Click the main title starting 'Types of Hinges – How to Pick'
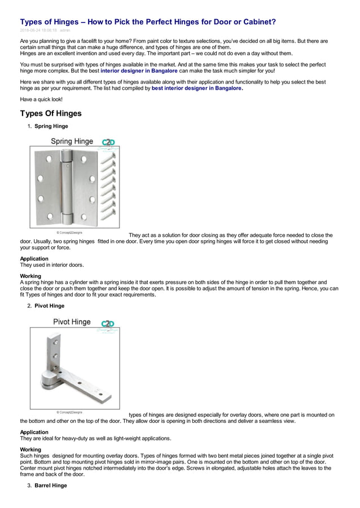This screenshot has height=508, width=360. click(x=148, y=22)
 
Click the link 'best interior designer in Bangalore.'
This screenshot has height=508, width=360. click(x=197, y=89)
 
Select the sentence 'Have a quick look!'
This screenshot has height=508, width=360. click(x=41, y=99)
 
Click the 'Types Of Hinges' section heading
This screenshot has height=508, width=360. click(x=51, y=113)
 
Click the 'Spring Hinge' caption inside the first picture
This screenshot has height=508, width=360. click(x=72, y=141)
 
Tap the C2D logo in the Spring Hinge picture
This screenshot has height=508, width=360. click(x=108, y=143)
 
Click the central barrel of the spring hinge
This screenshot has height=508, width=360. click(x=68, y=186)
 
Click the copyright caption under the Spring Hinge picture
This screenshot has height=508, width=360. click(x=69, y=232)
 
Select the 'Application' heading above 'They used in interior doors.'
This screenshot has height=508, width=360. click(x=34, y=259)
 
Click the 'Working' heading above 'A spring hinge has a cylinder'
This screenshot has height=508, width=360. click(x=30, y=276)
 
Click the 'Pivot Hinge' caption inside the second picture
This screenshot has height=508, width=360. click(x=72, y=322)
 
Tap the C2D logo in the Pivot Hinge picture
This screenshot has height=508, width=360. click(x=108, y=324)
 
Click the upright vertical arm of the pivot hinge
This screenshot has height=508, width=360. click(x=55, y=355)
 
